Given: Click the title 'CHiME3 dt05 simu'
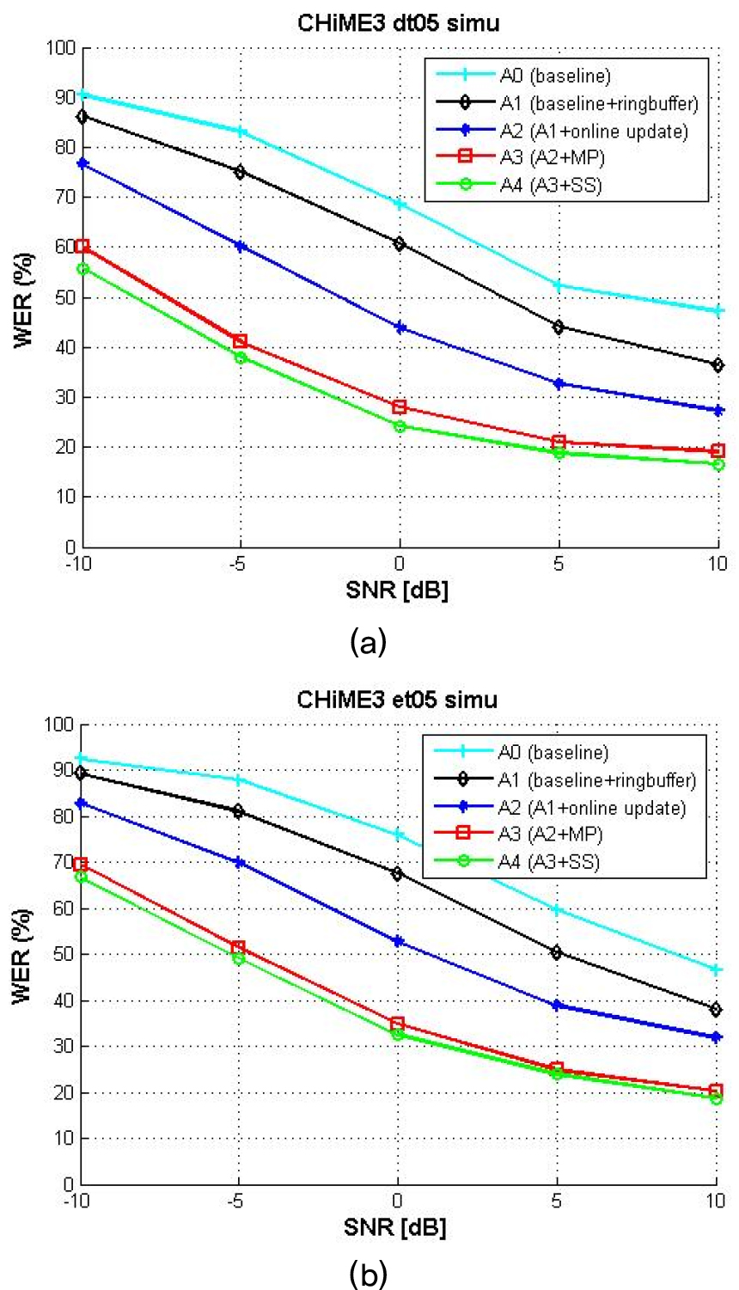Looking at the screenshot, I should pos(398,23).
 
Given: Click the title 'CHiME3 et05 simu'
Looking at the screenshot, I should pos(397,700).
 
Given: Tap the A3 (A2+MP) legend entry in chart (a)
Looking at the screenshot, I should pos(550,158).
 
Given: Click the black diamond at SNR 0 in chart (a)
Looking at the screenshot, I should pos(400,244).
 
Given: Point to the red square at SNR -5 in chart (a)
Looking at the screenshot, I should pos(241,341).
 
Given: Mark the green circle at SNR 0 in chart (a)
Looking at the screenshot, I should pos(400,426).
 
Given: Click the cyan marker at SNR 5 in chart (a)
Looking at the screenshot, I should pos(559,285).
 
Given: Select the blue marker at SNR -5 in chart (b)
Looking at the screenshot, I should pos(240,862).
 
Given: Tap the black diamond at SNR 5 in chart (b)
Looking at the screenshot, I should pos(557,952).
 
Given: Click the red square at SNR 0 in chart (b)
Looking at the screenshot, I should pos(398,1024).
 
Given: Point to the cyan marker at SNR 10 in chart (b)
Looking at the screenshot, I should pos(716,969).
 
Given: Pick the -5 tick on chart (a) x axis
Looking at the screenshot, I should pos(241,564).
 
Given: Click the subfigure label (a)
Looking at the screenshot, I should pos(369,640).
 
